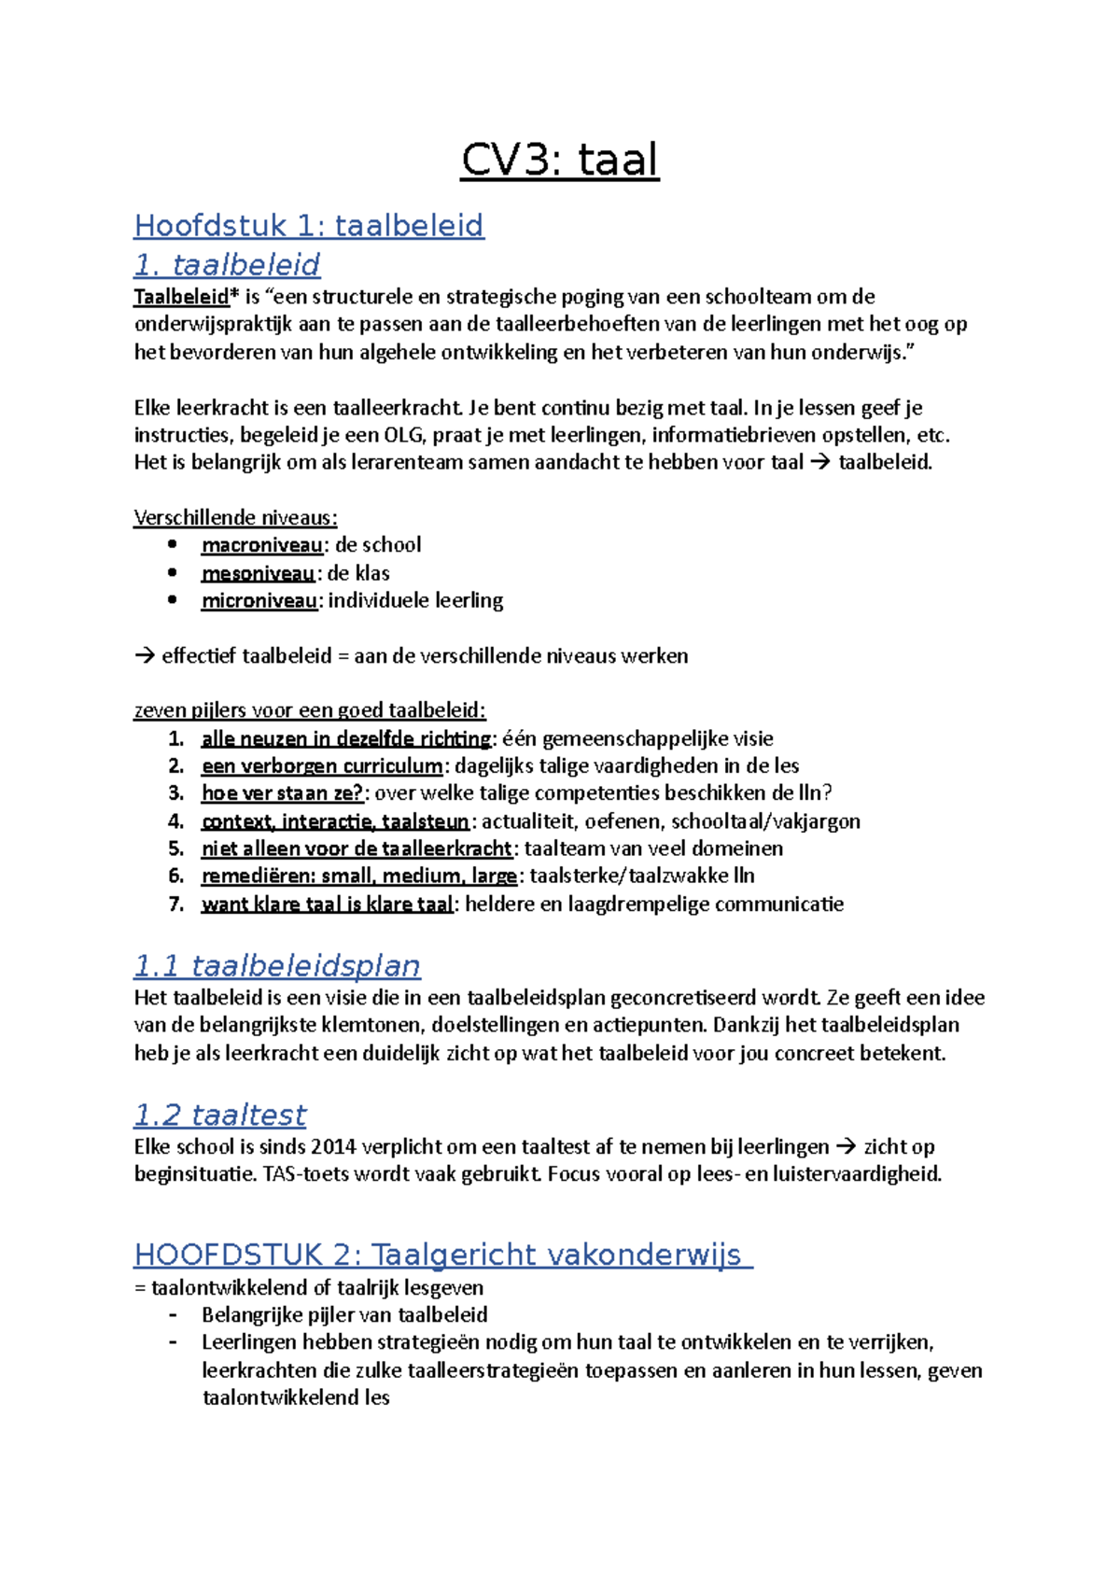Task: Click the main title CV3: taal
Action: (x=560, y=160)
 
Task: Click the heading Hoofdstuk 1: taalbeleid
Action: (x=309, y=225)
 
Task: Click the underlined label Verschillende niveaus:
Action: (x=235, y=517)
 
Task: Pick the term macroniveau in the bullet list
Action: (x=262, y=545)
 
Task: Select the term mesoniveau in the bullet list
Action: (x=258, y=573)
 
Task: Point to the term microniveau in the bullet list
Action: (x=259, y=600)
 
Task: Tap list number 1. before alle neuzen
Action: (x=176, y=738)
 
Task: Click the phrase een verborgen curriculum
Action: (x=322, y=766)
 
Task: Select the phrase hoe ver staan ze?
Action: (x=282, y=793)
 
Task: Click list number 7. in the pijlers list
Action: (x=176, y=904)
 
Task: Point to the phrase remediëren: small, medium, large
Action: (x=359, y=876)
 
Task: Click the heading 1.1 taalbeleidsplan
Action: (x=277, y=965)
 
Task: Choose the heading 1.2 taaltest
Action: (x=219, y=1115)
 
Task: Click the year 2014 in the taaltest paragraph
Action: (x=333, y=1147)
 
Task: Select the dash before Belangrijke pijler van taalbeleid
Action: (x=174, y=1315)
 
